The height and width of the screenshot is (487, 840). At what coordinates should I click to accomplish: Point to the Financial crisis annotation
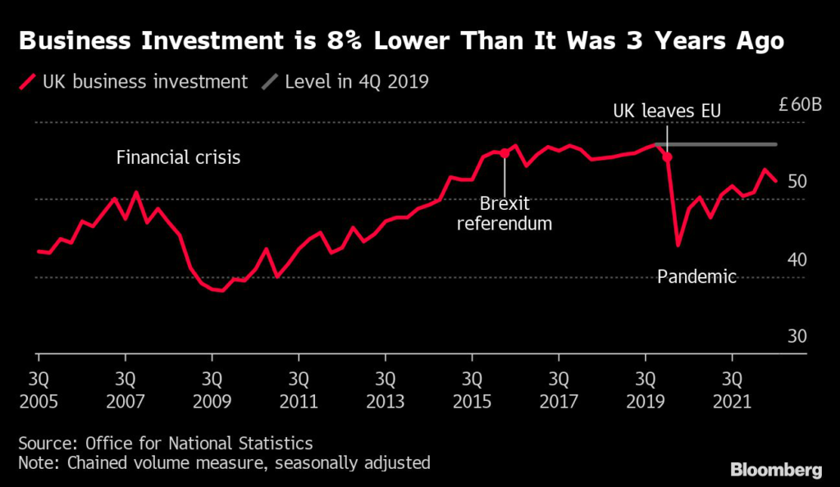click(x=178, y=157)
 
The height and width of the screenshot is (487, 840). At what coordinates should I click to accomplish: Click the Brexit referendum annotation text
click(x=504, y=213)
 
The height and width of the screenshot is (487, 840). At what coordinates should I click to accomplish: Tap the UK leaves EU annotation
click(x=668, y=110)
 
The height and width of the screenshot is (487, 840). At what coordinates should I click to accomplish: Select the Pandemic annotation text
click(x=697, y=276)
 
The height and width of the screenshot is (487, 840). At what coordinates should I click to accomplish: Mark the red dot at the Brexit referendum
click(x=504, y=153)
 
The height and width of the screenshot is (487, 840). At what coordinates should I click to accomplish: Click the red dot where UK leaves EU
click(x=667, y=157)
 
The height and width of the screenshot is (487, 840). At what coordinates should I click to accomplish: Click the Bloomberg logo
click(x=776, y=471)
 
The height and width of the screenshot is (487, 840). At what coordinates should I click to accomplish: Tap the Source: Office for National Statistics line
click(x=166, y=444)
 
